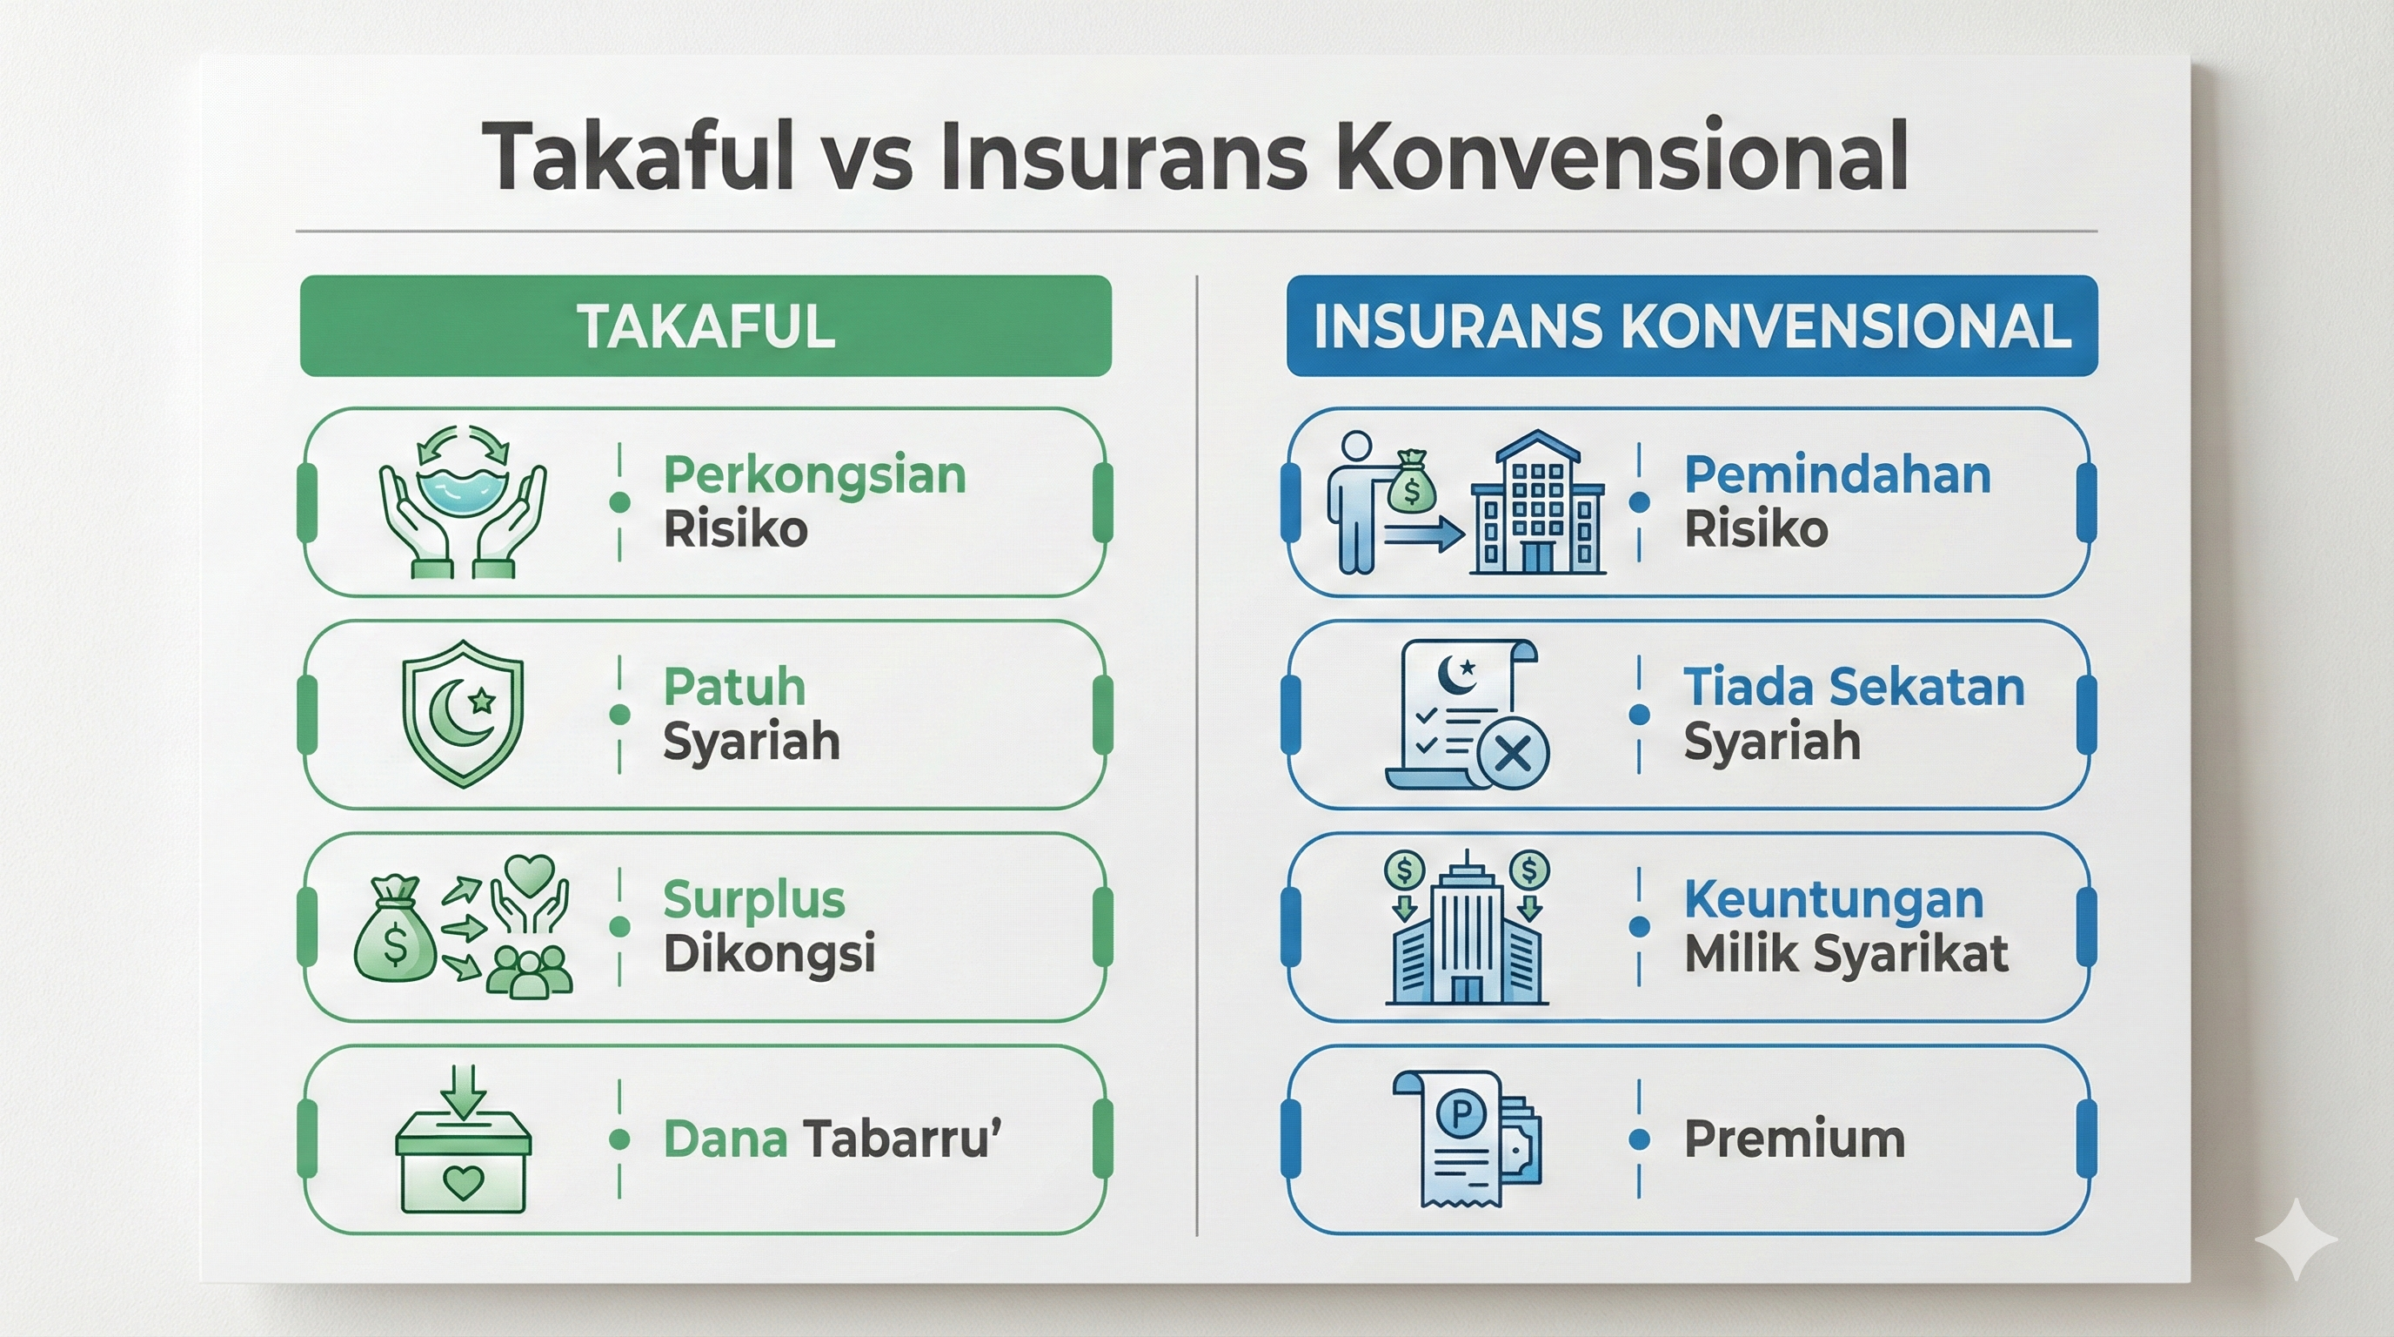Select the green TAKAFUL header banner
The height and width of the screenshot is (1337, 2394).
click(x=705, y=326)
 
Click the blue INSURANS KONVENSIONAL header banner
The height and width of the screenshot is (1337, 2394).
click(x=1691, y=326)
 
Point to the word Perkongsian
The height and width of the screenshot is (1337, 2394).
click(x=814, y=475)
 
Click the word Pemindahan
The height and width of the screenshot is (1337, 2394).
click(x=1837, y=475)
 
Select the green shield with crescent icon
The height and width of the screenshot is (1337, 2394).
click(x=463, y=713)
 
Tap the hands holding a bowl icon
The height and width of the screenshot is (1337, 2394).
click(x=462, y=502)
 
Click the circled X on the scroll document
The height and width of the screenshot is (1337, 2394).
click(x=1513, y=753)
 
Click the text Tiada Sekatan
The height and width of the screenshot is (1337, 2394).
click(x=1853, y=688)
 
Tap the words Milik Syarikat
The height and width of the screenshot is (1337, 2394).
click(x=1846, y=954)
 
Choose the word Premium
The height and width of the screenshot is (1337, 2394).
click(x=1794, y=1140)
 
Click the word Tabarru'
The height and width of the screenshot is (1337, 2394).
click(x=901, y=1140)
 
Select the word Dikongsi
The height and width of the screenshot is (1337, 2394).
click(x=769, y=954)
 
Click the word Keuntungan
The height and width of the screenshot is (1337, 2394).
click(x=1834, y=900)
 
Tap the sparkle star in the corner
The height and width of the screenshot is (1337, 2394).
click(x=2296, y=1239)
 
